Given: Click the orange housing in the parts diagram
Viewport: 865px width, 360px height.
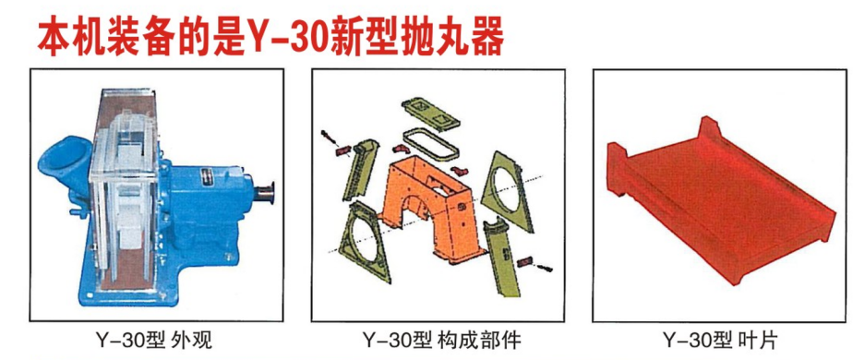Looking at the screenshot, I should click(426, 203).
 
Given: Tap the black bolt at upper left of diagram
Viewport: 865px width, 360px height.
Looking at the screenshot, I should click(330, 138).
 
